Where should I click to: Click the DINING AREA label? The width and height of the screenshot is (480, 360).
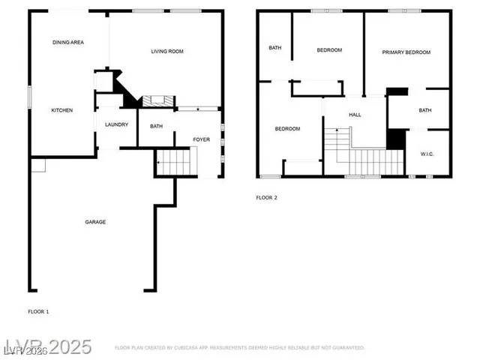(x=67, y=43)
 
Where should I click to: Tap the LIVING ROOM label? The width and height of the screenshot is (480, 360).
(x=167, y=52)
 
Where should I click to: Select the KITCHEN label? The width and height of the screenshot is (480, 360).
(x=61, y=111)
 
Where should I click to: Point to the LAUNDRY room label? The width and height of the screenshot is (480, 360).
(x=116, y=125)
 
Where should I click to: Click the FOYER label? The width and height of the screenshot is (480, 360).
(x=202, y=139)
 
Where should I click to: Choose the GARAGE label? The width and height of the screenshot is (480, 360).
(x=94, y=222)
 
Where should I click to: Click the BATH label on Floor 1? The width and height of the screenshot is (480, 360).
(x=156, y=126)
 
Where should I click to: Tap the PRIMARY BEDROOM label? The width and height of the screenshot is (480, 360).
(x=406, y=52)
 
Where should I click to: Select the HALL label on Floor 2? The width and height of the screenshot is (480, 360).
(x=355, y=115)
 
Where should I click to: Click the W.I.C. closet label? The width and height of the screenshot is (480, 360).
(x=427, y=154)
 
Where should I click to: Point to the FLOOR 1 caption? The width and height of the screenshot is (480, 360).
(x=38, y=310)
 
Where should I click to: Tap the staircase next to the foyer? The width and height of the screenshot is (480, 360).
(x=175, y=161)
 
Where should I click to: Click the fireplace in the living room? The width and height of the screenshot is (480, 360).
(x=157, y=100)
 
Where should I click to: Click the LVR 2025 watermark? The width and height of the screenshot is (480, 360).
(x=46, y=347)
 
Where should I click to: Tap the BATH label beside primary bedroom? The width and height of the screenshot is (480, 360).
(x=424, y=111)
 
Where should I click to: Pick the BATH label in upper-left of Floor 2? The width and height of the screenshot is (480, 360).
(x=275, y=48)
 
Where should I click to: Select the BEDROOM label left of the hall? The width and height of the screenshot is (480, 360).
(x=287, y=129)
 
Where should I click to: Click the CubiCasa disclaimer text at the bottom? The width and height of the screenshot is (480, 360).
(x=239, y=348)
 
